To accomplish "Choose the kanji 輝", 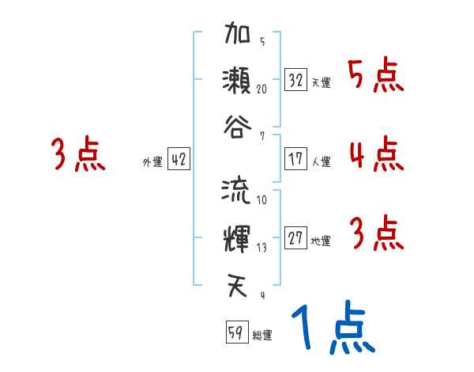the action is point(237,237).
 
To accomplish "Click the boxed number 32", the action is point(296,80).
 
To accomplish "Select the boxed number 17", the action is point(296,159).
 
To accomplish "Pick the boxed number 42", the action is point(178,159).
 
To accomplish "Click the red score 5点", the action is point(375,77).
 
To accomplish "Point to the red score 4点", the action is point(376,154).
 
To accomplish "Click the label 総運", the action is point(262,336).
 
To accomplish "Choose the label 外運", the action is point(152,162).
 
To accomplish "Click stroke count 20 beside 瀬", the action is point(262,89).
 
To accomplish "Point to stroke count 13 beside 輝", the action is point(261,248).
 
